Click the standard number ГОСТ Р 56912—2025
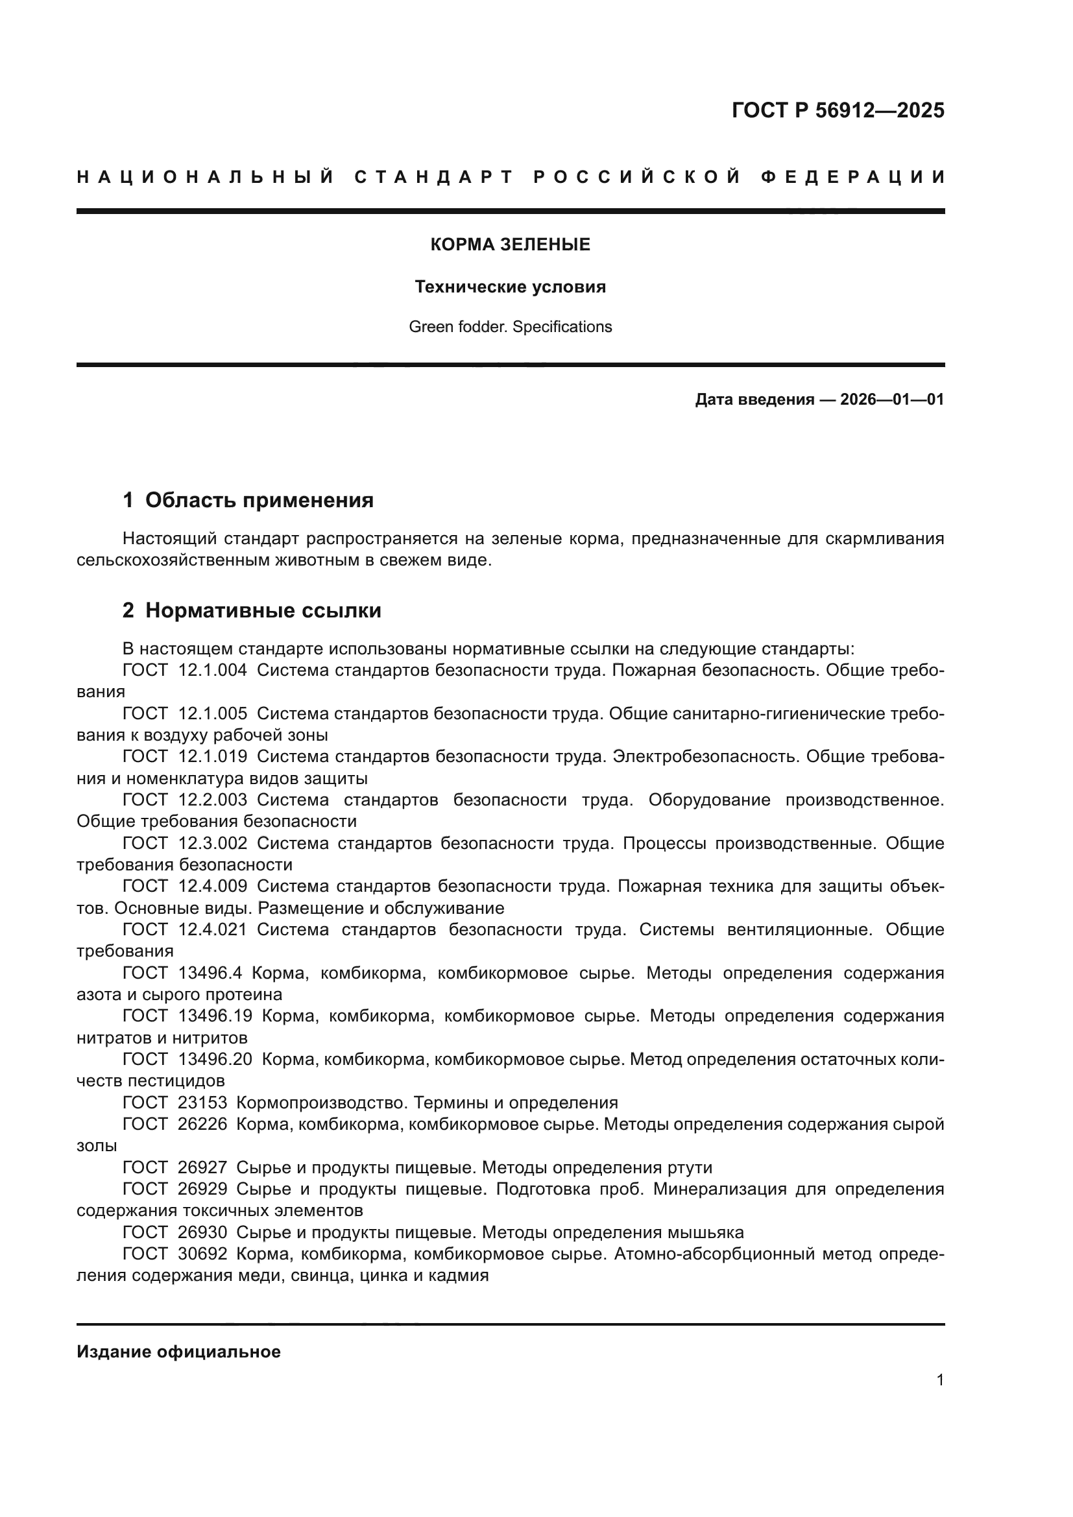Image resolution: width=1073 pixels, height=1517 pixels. coord(838,110)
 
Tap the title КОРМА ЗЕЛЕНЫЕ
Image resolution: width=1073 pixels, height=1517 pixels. coord(510,245)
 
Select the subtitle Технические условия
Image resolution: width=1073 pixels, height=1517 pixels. coord(510,287)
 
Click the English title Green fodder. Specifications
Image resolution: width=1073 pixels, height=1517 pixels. coord(510,327)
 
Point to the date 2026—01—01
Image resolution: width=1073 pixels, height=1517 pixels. coord(892,399)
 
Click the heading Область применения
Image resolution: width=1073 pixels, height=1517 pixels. coord(259,500)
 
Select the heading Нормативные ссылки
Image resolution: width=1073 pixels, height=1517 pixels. coord(263,610)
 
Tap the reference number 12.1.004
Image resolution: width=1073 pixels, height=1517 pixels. coord(213,670)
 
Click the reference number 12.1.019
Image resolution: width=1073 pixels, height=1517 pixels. coord(213,756)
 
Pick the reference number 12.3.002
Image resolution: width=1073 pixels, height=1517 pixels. coord(213,843)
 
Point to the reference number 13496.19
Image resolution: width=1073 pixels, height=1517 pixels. coord(215,1016)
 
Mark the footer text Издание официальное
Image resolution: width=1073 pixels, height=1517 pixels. coord(178,1351)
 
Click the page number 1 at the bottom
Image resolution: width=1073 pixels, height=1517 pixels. coord(940,1380)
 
